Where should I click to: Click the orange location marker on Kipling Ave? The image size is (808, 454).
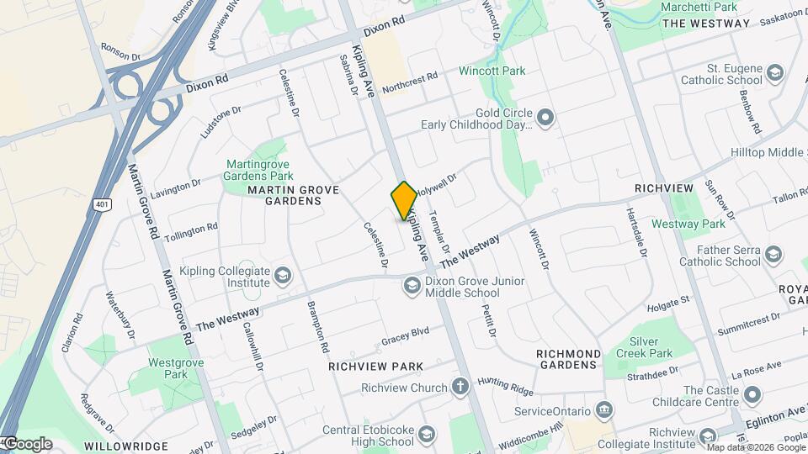pyautogui.click(x=404, y=201)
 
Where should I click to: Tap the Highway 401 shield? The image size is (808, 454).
pyautogui.click(x=103, y=204)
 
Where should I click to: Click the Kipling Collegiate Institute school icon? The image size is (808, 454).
pyautogui.click(x=284, y=277)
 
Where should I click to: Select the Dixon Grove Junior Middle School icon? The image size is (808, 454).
pyautogui.click(x=412, y=286)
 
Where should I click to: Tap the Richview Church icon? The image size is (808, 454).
pyautogui.click(x=460, y=388)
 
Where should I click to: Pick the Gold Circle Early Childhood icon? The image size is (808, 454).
pyautogui.click(x=545, y=118)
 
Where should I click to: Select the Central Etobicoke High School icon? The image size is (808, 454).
pyautogui.click(x=427, y=435)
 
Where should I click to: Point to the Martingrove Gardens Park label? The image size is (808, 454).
pyautogui.click(x=258, y=170)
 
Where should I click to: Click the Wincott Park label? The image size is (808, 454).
pyautogui.click(x=492, y=71)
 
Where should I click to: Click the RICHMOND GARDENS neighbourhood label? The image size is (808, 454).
pyautogui.click(x=569, y=359)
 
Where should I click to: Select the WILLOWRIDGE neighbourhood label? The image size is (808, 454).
pyautogui.click(x=125, y=446)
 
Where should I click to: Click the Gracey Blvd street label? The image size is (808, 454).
pyautogui.click(x=405, y=336)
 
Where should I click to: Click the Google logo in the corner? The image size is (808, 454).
pyautogui.click(x=27, y=444)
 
